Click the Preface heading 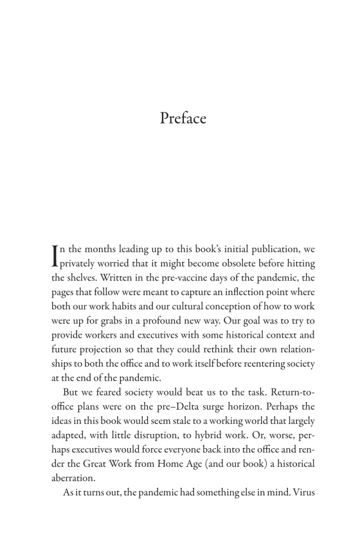click(180, 117)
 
